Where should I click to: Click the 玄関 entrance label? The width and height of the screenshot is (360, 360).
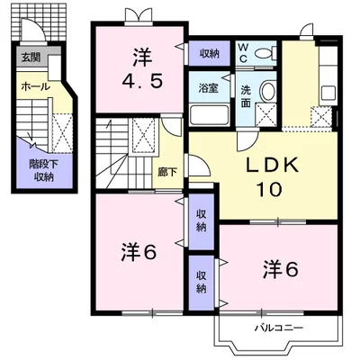pos(31,57)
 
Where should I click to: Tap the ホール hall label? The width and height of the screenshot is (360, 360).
pos(36,86)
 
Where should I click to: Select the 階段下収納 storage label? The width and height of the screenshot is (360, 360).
pos(43,170)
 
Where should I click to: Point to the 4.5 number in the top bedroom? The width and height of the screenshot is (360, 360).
pos(142,81)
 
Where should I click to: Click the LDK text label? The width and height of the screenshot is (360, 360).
pos(273,165)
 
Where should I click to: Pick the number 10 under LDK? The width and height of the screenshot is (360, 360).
pos(269,189)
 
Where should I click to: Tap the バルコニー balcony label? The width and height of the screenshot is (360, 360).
pos(279,328)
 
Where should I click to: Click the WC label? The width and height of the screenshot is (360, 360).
pos(243,52)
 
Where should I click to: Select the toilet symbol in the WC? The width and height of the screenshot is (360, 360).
pos(265,53)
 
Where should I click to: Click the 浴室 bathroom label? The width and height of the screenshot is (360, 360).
pos(208,88)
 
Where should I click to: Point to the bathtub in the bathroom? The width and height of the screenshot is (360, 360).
pos(210,114)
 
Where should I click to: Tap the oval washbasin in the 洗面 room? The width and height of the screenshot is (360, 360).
pos(267,91)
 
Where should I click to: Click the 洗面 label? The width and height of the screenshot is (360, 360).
pos(246,96)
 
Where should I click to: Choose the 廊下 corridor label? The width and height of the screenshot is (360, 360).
pos(167,172)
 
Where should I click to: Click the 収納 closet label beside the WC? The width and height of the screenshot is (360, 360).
pos(210,53)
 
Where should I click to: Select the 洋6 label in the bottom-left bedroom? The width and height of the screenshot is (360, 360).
pos(139,251)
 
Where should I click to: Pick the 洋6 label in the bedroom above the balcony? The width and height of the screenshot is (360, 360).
pos(281,269)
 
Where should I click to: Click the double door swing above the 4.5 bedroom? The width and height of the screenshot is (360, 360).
pos(138,15)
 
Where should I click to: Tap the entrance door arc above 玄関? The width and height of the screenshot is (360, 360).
pos(33,29)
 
